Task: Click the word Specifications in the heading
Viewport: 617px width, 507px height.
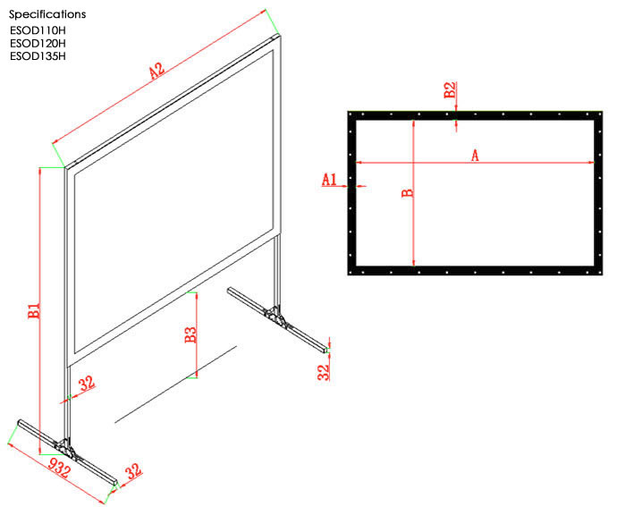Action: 48,14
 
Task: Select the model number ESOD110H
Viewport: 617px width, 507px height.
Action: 38,30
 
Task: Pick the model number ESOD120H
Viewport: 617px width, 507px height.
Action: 38,43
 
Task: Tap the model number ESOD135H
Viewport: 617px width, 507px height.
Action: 38,56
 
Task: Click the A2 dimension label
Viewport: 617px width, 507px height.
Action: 158,69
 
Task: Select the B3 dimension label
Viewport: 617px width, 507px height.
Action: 190,335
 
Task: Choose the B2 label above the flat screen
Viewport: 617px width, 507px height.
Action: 451,89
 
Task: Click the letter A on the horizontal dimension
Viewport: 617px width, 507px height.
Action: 475,156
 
